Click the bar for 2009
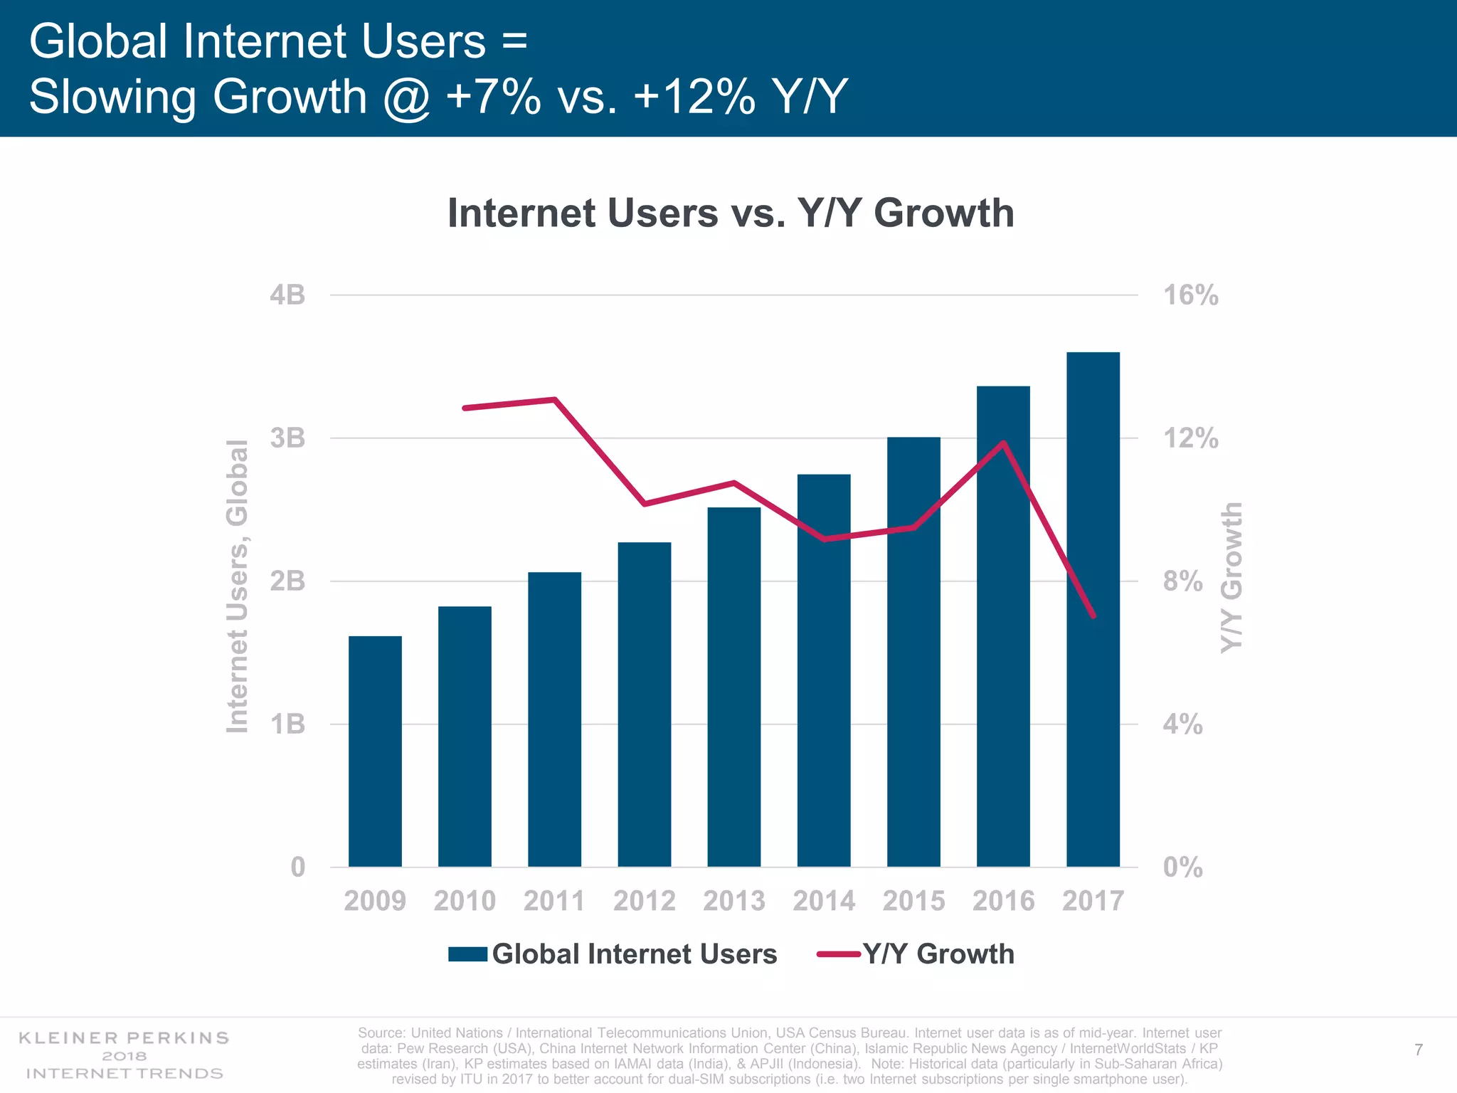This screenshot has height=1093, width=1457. (x=375, y=751)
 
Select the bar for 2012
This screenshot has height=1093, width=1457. (x=644, y=704)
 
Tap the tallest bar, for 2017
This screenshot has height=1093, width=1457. (x=1093, y=609)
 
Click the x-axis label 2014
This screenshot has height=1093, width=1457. (x=824, y=901)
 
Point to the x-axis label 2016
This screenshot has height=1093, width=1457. (x=1003, y=901)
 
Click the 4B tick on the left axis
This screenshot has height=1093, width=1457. (x=287, y=295)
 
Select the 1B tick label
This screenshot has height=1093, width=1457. (x=287, y=724)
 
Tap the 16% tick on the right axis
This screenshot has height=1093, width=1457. (x=1190, y=295)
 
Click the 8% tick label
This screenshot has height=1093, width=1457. (x=1182, y=581)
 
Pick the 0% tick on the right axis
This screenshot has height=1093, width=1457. (x=1182, y=867)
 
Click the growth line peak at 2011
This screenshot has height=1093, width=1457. (x=554, y=399)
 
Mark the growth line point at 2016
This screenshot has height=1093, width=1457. (x=1003, y=443)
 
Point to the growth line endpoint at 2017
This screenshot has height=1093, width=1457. (x=1093, y=616)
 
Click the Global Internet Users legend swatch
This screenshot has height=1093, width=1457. (x=467, y=954)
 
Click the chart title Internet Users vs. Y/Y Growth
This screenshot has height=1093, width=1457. (x=731, y=213)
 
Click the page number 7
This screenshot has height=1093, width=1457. (x=1419, y=1050)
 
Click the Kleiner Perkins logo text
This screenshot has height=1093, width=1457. (x=124, y=1037)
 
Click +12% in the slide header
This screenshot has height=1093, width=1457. (x=694, y=97)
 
